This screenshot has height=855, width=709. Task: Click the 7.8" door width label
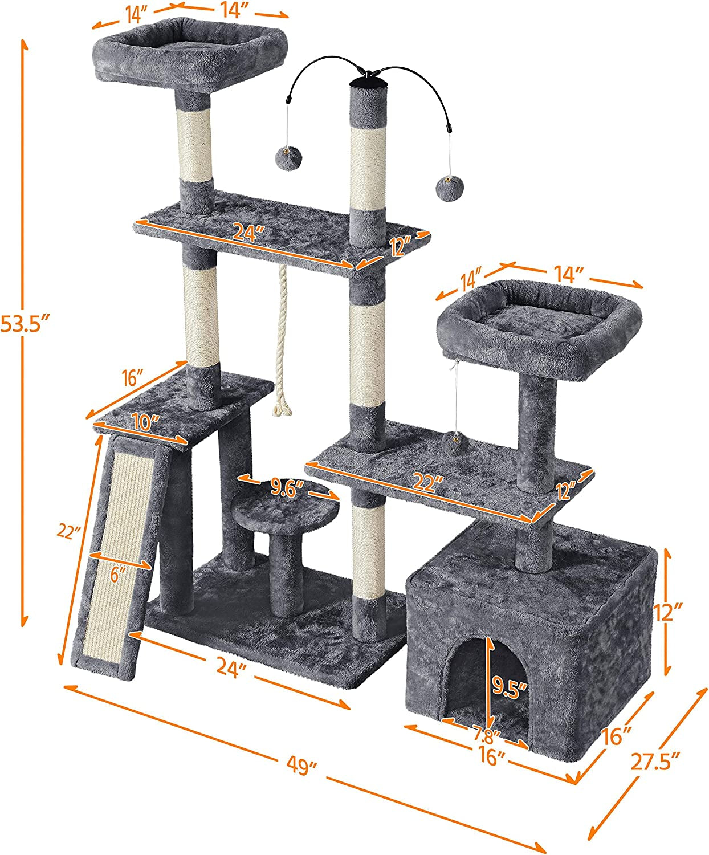pos(486,734)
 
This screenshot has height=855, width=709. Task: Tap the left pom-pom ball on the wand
pos(283,158)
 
